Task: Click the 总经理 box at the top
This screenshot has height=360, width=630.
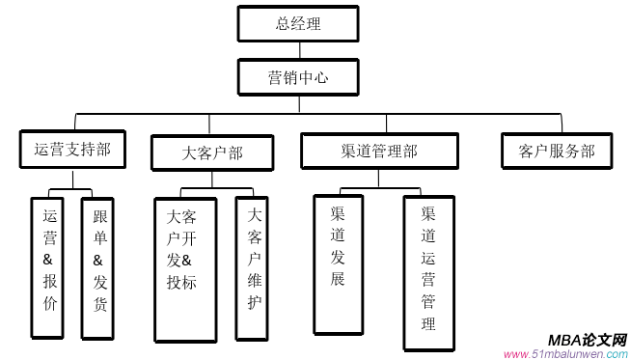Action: tap(298, 23)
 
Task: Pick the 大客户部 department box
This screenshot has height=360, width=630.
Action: tap(212, 152)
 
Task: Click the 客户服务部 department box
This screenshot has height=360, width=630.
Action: tap(557, 151)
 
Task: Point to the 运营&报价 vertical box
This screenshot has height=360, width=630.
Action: tap(50, 267)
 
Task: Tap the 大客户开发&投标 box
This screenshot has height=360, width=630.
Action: tap(184, 269)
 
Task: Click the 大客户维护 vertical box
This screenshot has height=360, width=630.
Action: tap(252, 268)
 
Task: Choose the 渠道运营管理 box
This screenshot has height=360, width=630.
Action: tap(428, 272)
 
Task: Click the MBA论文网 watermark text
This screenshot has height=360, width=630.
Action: tap(587, 340)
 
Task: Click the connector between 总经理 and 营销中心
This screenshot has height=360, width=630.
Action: tap(298, 50)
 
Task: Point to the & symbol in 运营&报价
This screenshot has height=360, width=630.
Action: tap(50, 259)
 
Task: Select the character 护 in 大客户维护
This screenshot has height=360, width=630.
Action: tap(254, 302)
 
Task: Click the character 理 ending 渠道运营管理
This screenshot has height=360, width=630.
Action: tap(428, 323)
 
